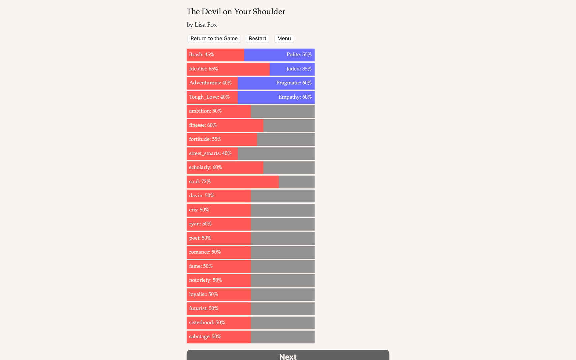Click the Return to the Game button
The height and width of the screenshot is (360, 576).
click(214, 39)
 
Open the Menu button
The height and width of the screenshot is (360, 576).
click(284, 39)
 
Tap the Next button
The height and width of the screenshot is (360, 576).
click(288, 356)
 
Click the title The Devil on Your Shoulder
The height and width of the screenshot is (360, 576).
click(236, 12)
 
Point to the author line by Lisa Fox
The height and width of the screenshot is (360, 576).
click(202, 25)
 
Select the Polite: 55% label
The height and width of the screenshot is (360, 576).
click(299, 55)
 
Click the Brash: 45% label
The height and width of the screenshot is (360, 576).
click(202, 55)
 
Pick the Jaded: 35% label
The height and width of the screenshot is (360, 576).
click(299, 69)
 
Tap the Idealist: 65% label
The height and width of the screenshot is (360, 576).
click(204, 69)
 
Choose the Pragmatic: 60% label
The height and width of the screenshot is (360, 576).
click(294, 83)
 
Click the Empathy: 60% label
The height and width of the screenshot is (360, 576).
click(295, 97)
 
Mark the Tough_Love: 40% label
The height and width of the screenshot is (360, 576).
click(209, 97)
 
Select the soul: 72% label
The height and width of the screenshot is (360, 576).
click(200, 182)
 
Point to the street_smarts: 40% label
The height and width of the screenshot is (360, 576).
click(210, 154)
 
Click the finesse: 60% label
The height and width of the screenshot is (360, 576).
click(203, 125)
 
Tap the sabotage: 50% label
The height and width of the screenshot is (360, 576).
click(205, 337)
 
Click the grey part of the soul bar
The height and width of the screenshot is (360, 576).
click(297, 182)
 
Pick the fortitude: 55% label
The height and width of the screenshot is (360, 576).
click(205, 139)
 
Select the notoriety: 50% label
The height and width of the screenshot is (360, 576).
click(206, 280)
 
